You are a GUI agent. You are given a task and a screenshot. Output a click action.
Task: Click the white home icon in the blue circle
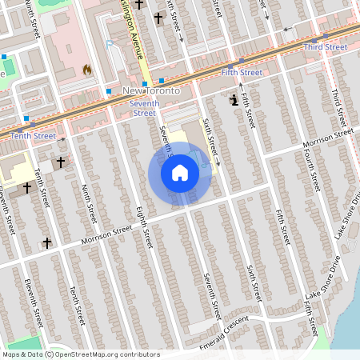180,173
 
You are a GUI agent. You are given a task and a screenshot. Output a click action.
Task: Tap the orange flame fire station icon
86,70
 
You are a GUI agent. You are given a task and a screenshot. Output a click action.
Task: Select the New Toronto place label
150,92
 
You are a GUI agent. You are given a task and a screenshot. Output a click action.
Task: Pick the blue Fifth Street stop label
241,73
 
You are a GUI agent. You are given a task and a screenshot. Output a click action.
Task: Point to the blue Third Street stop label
326,47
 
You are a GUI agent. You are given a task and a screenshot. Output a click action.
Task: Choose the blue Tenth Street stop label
33,136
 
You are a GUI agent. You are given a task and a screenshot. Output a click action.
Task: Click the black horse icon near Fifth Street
233,100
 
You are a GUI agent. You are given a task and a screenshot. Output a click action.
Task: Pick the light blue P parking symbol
109,45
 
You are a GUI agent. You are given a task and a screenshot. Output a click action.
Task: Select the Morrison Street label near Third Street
326,138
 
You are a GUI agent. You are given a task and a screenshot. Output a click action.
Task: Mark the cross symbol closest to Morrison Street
46,242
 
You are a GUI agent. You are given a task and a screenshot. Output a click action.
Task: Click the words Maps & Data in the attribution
22,354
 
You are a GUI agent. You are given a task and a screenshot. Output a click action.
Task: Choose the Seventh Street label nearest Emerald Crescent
212,295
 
